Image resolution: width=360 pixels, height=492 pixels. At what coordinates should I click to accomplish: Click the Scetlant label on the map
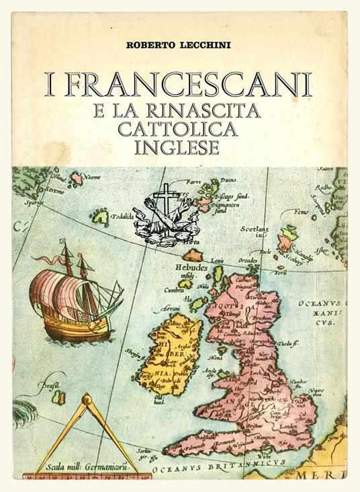(255, 229)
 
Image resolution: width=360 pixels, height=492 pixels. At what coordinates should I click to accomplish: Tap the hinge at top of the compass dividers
(85, 401)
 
